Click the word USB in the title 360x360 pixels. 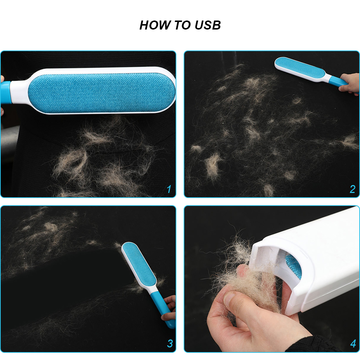pyautogui.click(x=208, y=25)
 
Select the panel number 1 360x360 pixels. pyautogui.click(x=169, y=189)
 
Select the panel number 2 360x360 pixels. pyautogui.click(x=352, y=189)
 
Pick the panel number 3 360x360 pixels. pyautogui.click(x=170, y=343)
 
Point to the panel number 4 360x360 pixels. pyautogui.click(x=353, y=343)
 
